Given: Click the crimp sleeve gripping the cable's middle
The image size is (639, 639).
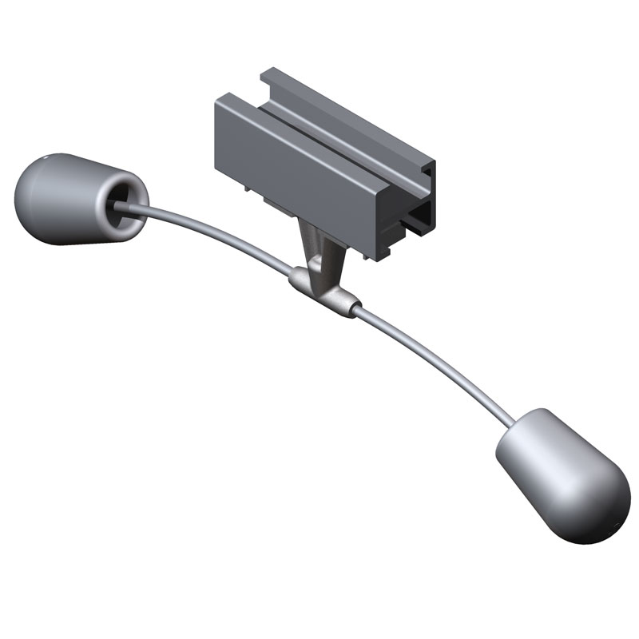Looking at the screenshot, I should (323, 292).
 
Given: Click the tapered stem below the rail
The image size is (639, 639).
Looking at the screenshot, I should (319, 248).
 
